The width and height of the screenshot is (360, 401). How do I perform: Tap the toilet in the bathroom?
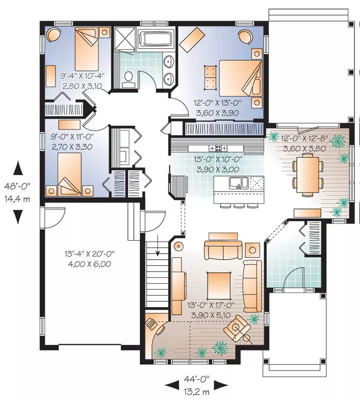click(128, 78)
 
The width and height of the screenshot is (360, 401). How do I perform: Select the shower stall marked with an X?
click(125, 38)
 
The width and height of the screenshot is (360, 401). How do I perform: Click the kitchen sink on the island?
click(239, 183)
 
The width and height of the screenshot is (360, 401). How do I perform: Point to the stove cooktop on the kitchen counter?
click(218, 148)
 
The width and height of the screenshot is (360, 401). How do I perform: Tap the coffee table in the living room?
click(219, 285)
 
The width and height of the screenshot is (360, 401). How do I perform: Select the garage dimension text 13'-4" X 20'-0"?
click(90, 254)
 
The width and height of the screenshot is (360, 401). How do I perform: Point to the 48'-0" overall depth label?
click(17, 186)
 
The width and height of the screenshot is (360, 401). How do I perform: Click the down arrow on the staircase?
click(158, 245)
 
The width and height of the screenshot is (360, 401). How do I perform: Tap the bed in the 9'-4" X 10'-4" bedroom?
click(87, 49)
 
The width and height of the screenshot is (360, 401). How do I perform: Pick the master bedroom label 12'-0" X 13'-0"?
click(218, 103)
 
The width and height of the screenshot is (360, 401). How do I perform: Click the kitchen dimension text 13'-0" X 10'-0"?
click(218, 159)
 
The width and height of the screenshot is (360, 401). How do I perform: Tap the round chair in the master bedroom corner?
click(245, 37)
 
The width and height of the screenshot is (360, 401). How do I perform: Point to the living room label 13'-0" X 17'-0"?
click(211, 305)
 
